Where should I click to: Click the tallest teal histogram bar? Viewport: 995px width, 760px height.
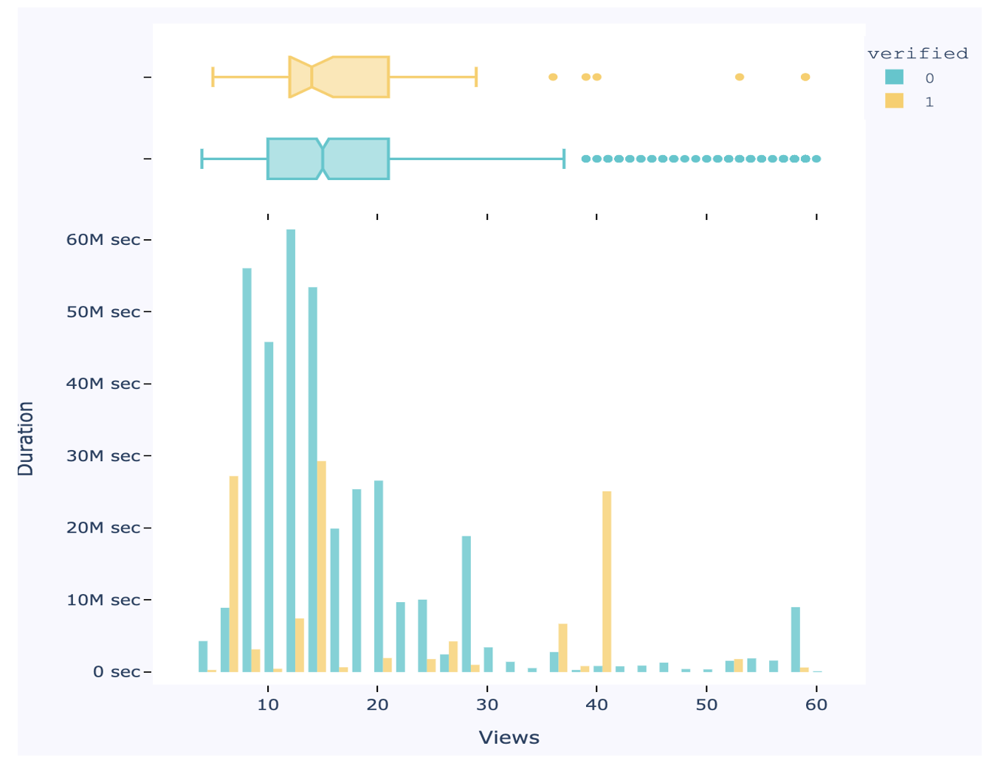pos(291,450)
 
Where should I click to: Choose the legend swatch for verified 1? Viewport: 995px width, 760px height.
pos(894,101)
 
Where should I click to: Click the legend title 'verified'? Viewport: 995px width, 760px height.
pos(917,54)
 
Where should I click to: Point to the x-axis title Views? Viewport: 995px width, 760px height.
pos(509,737)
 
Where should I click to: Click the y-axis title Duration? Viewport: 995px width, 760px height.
pos(26,438)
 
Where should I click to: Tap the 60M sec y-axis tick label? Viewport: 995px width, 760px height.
pos(103,240)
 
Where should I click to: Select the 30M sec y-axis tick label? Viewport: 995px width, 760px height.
pos(103,456)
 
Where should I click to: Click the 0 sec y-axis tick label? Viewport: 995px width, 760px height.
pos(116,672)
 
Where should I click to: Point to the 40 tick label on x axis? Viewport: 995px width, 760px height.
pos(596,705)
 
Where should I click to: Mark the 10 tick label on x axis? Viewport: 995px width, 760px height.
pos(268,705)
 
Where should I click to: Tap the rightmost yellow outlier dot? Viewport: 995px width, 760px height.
pos(805,77)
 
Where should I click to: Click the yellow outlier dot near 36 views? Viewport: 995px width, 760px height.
pos(553,77)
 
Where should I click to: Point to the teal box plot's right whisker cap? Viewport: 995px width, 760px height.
pos(564,159)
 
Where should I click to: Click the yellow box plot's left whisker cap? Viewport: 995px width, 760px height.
pos(213,77)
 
